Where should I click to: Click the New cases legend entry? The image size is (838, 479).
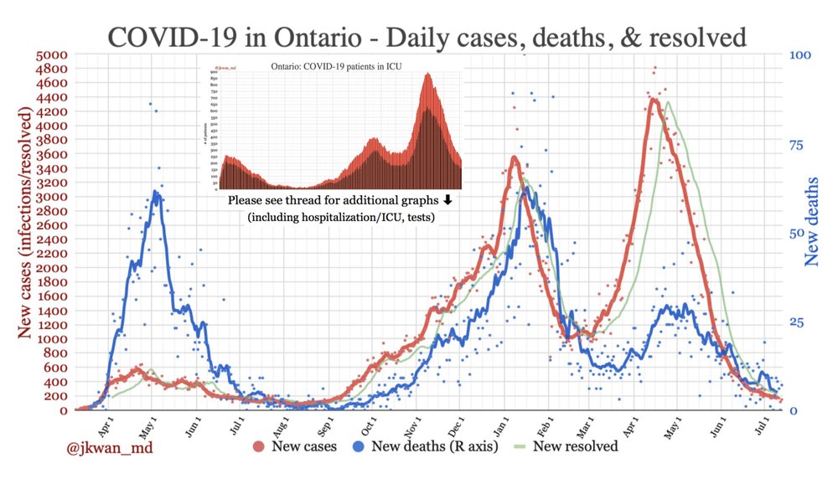coord(297,446)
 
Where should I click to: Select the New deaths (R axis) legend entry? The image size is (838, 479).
coord(428,446)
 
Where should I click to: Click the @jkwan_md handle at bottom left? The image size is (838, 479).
coord(109,448)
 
